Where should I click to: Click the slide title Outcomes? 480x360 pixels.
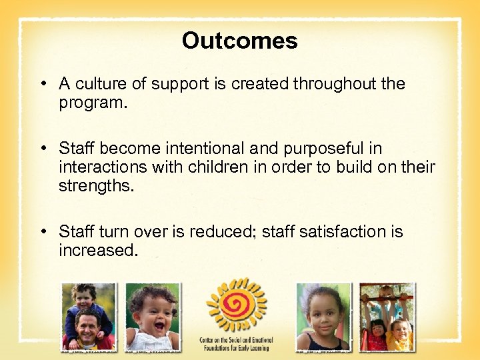239,41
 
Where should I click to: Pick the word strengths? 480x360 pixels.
96,185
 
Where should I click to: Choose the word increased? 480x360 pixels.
98,250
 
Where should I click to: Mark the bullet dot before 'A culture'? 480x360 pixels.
43,85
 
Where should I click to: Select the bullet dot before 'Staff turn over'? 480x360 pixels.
43,232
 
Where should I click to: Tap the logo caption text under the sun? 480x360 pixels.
236,344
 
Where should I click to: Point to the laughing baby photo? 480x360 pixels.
153,317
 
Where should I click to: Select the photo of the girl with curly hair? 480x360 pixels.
323,317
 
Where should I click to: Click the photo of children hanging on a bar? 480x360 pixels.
387,317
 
